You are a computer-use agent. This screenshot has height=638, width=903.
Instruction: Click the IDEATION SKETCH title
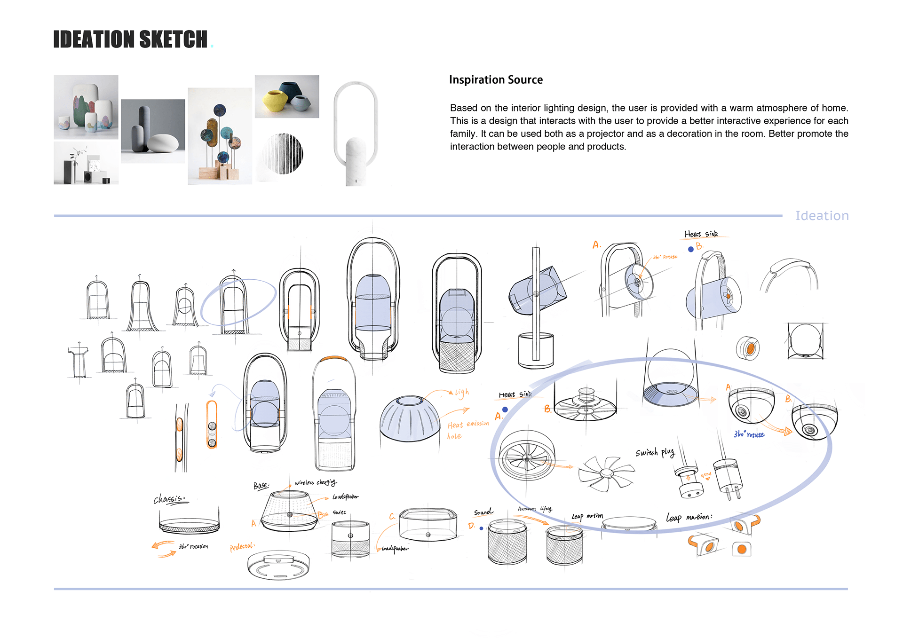tap(130, 39)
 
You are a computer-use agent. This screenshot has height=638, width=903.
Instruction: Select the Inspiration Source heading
tap(496, 80)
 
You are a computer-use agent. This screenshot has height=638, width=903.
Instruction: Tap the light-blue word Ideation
tap(822, 216)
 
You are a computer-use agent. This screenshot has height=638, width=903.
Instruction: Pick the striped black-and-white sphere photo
tap(284, 154)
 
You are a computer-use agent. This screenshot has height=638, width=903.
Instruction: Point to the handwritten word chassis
tap(169, 498)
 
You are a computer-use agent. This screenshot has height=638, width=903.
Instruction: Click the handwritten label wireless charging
tap(315, 482)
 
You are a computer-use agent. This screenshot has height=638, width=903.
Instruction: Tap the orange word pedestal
tap(242, 547)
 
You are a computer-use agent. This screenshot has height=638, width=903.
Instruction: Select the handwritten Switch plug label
tap(655, 452)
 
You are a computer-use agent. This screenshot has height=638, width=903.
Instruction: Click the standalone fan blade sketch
tap(605, 473)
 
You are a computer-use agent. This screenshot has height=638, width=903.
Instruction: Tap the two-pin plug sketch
tap(728, 478)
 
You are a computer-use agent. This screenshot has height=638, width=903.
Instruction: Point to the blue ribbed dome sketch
tap(410, 418)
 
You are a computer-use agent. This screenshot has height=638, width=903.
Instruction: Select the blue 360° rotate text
tap(749, 434)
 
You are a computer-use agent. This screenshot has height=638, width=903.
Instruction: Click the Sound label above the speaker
tap(483, 512)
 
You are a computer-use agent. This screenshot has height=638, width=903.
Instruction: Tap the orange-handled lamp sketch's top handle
tap(333, 359)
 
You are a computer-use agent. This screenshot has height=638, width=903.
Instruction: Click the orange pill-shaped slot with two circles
tap(212, 425)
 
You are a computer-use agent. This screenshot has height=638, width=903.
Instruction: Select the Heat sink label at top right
tap(701, 234)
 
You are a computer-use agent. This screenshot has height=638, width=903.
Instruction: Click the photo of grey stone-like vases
tap(153, 131)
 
